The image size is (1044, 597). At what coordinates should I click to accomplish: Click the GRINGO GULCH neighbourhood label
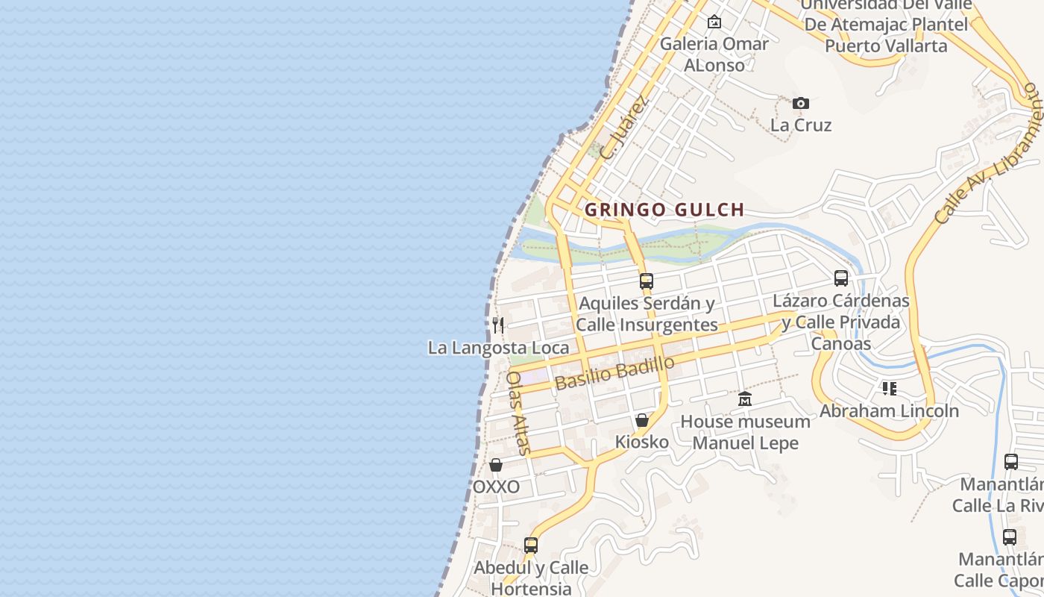tap(664, 210)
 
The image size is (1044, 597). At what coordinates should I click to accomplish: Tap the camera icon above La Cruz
tap(800, 103)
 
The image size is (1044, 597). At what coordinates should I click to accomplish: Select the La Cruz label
tap(800, 125)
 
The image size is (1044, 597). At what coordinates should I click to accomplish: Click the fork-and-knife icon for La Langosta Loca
tap(498, 325)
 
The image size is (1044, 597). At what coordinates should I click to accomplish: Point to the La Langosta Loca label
tap(498, 348)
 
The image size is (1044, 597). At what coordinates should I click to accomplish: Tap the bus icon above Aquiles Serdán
tap(647, 281)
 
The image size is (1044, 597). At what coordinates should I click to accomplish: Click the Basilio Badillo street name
tap(615, 372)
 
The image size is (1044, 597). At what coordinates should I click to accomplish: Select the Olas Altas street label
tap(518, 412)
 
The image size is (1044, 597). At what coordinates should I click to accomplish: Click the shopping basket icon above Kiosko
tap(641, 420)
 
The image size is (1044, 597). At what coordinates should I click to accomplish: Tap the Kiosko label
tap(641, 442)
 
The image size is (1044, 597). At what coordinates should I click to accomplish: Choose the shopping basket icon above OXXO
tap(496, 465)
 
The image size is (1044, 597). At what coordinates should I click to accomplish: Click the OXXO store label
tap(496, 487)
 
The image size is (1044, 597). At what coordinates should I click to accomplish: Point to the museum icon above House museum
tap(745, 399)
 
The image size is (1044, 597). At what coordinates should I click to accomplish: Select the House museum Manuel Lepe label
tap(745, 432)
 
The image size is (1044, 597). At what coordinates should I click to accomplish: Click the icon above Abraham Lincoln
tap(889, 389)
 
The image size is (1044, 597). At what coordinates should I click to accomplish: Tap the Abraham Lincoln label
tap(889, 410)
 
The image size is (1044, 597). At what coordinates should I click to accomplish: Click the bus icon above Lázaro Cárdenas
tap(841, 278)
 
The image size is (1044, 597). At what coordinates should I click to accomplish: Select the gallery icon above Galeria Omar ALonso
tap(714, 22)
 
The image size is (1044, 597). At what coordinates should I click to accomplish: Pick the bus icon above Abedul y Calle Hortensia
tap(531, 546)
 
